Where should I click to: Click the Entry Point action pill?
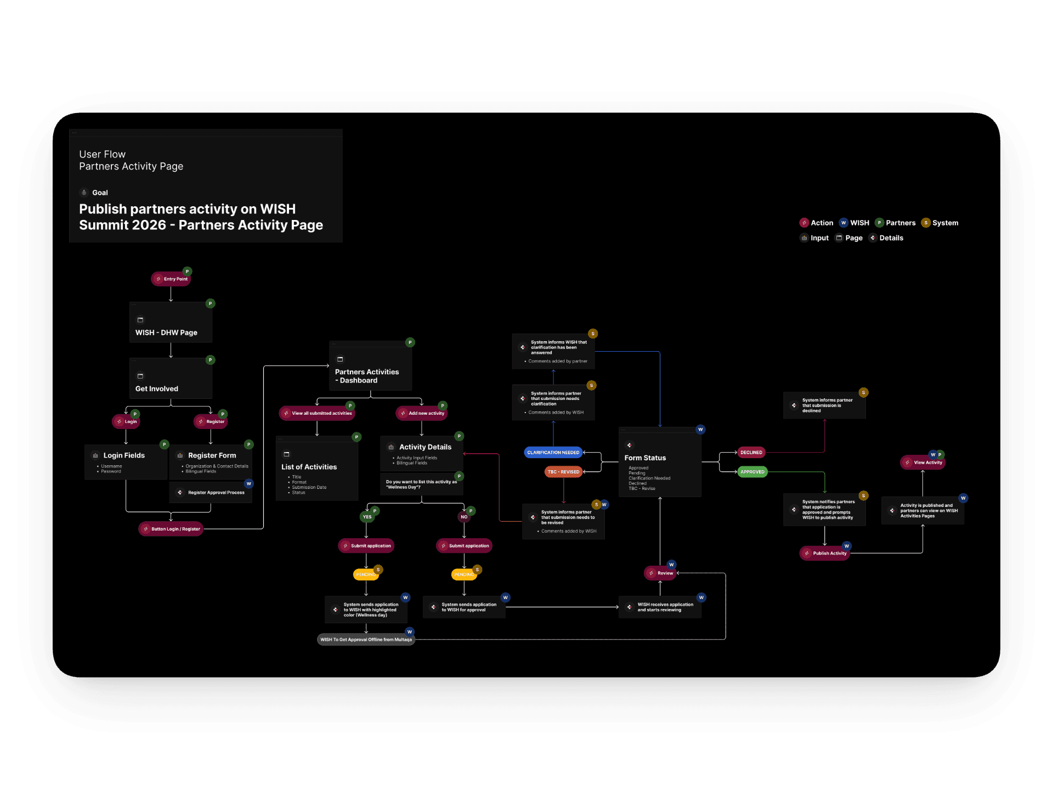(171, 279)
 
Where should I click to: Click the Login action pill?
(127, 422)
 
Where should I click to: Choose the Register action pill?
(211, 422)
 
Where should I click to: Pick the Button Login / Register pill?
(171, 529)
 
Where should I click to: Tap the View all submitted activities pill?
(317, 413)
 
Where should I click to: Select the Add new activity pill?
(422, 413)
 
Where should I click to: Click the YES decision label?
(367, 517)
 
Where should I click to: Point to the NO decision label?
(464, 517)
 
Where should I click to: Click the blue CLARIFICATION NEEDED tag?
(553, 453)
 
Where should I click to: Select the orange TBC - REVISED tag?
(563, 472)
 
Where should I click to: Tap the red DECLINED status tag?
(751, 453)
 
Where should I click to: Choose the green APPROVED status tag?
(752, 472)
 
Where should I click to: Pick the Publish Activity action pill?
(825, 553)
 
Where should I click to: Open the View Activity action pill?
(923, 462)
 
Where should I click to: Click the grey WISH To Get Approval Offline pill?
(366, 640)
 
